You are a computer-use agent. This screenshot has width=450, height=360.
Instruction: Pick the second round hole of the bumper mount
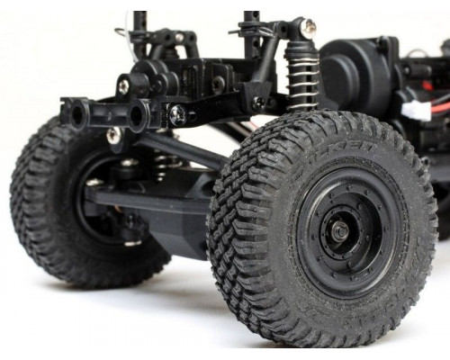click(138, 114)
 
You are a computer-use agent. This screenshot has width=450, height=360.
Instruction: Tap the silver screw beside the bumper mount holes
click(177, 114)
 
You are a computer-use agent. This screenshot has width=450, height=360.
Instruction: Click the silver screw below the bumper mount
click(113, 136)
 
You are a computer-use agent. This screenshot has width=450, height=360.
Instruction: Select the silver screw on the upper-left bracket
click(122, 86)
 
